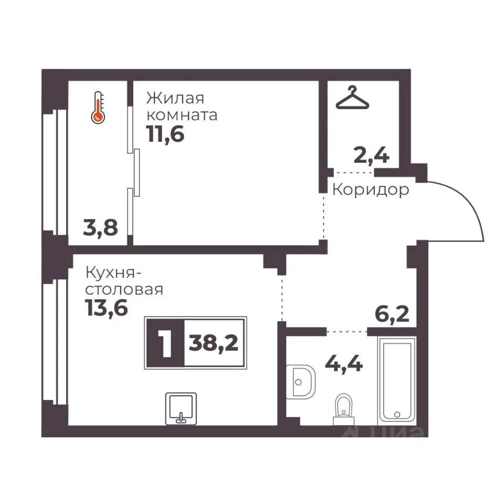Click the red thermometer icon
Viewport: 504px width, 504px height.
click(98, 108)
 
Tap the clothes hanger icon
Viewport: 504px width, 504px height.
click(352, 98)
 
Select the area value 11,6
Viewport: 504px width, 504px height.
click(165, 134)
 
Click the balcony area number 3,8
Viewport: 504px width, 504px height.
click(100, 227)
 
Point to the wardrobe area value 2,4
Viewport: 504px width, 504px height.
click(372, 155)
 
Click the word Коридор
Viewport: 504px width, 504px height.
click(371, 190)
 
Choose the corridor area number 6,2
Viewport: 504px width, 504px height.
click(392, 314)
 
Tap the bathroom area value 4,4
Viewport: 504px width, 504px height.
click(344, 364)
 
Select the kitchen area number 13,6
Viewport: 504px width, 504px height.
click(107, 308)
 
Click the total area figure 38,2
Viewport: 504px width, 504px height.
click(214, 343)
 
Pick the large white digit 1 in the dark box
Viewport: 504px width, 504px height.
click(166, 343)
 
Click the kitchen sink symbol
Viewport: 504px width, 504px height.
click(181, 408)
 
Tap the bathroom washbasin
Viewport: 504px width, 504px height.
click(300, 382)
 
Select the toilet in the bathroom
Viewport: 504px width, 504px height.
click(343, 409)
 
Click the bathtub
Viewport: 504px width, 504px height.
click(397, 381)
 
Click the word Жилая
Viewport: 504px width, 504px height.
click(175, 98)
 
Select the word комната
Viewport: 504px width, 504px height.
click(182, 115)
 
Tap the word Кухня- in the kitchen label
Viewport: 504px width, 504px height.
click(113, 274)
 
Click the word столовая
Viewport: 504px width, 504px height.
click(124, 290)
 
